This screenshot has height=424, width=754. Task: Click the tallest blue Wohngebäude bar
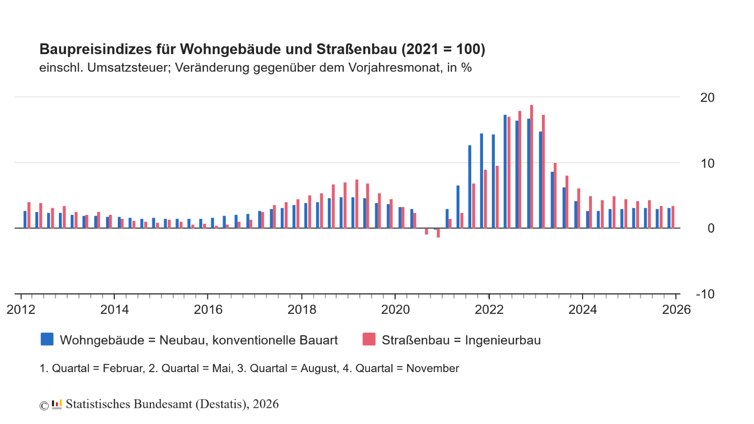(x=505, y=171)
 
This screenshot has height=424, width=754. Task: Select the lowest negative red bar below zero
(x=438, y=233)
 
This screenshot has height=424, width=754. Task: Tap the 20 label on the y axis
(x=707, y=98)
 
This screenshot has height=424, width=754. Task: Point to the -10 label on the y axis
(x=705, y=294)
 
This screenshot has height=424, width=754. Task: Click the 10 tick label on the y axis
(x=707, y=163)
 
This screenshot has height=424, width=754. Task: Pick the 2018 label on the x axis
(x=302, y=310)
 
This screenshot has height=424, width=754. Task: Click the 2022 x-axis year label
(x=489, y=310)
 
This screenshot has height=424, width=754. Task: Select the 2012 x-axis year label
(x=21, y=310)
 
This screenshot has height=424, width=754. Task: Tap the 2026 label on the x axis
(x=676, y=310)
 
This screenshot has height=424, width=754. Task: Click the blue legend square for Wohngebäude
(x=47, y=339)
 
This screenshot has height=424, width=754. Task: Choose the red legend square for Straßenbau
(x=369, y=339)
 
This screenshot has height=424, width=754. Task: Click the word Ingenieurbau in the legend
(x=503, y=340)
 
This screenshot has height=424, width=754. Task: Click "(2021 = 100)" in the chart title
(x=443, y=49)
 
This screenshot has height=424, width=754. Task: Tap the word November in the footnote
(x=433, y=368)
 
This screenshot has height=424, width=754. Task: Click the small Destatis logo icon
(x=57, y=404)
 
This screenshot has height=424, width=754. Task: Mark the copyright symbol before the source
(x=44, y=406)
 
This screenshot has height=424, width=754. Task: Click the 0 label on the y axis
(x=711, y=228)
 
